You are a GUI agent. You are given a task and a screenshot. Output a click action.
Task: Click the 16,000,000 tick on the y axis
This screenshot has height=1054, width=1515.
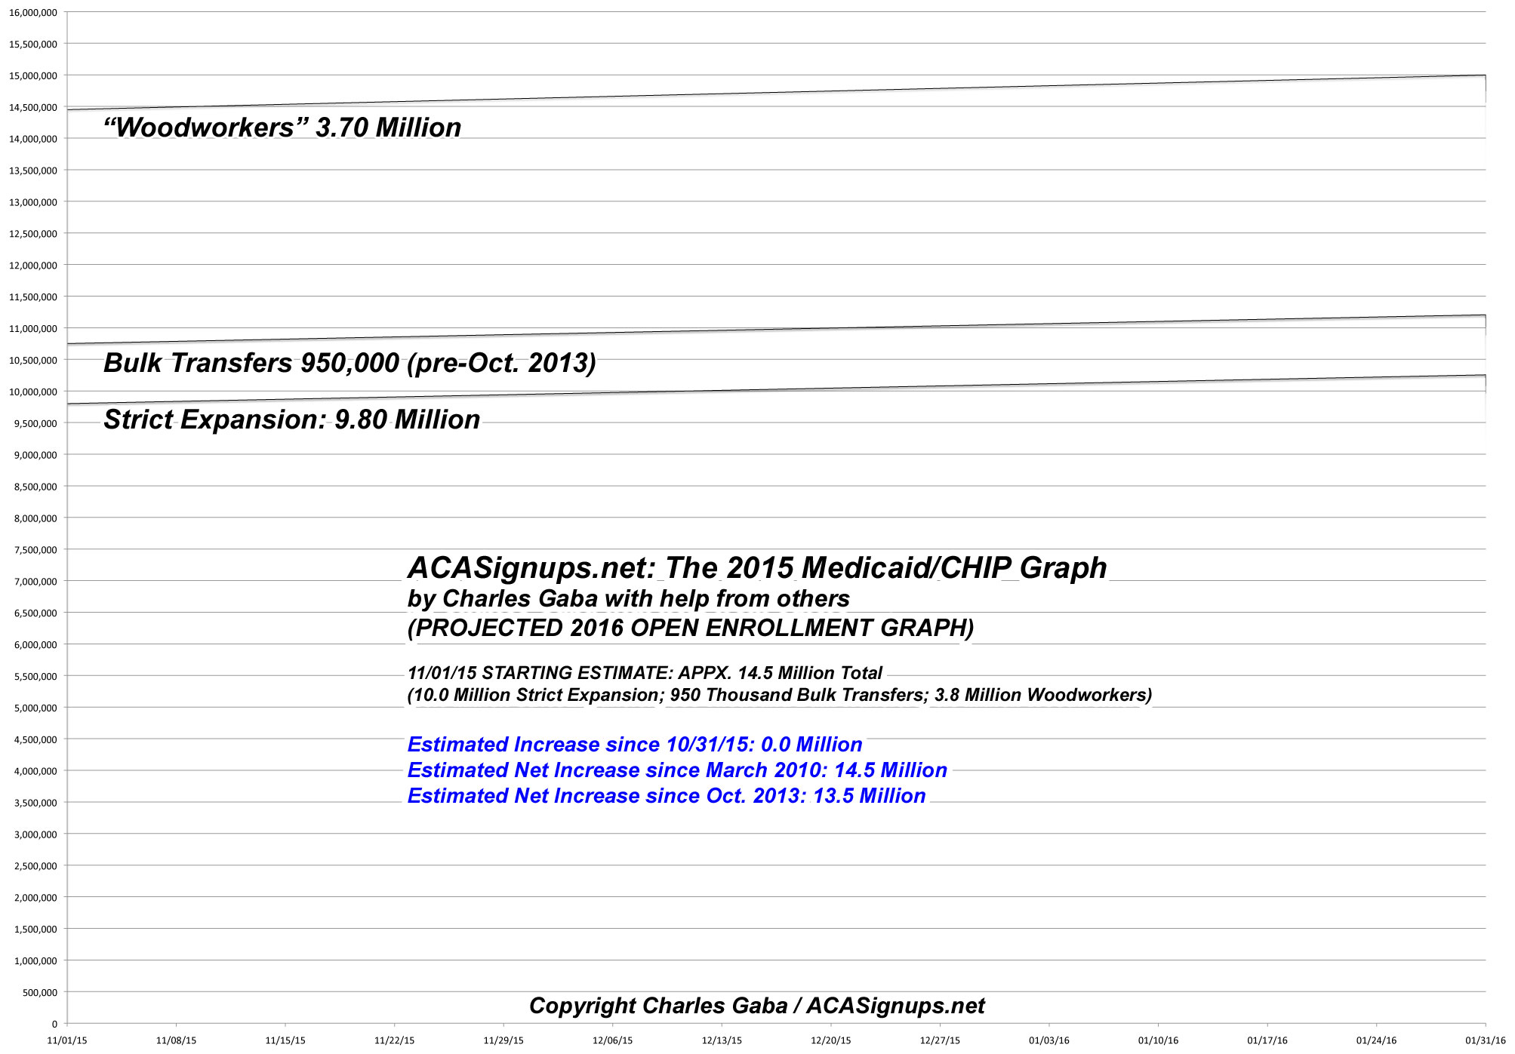(33, 13)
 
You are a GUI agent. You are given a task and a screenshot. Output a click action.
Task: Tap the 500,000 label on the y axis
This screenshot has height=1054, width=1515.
(40, 993)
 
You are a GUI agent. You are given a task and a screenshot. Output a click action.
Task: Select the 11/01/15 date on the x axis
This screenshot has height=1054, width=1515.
(67, 1040)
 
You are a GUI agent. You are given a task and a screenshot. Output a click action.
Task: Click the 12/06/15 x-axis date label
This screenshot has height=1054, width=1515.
(613, 1040)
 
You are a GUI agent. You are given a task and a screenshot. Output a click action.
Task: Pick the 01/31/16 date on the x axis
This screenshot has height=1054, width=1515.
(1485, 1040)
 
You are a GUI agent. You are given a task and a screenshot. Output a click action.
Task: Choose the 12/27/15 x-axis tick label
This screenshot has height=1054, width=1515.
(940, 1040)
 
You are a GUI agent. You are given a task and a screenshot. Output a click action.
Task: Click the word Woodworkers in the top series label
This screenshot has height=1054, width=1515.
(204, 128)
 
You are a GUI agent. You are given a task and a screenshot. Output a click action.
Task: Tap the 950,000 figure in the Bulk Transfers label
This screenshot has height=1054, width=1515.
(349, 363)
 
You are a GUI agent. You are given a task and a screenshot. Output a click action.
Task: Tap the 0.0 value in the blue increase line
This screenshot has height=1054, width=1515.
(775, 745)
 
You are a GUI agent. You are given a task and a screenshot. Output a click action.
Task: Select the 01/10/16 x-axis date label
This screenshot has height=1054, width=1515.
(1158, 1040)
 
